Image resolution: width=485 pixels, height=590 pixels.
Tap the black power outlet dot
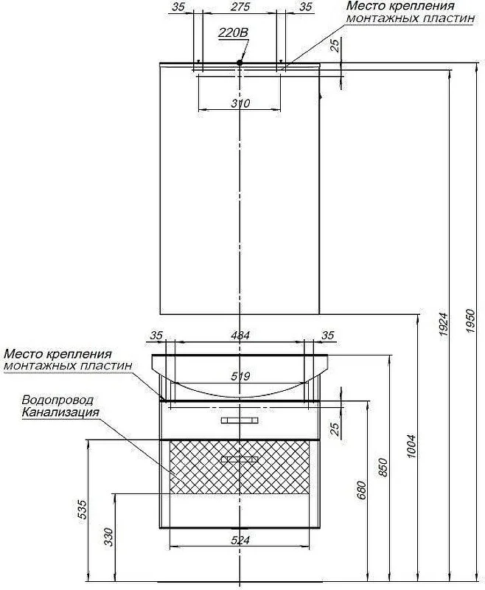[240, 63]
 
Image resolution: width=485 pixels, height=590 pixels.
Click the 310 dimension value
[241, 103]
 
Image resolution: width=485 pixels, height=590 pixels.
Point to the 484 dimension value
[241, 336]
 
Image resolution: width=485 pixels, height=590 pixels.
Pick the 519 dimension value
[241, 376]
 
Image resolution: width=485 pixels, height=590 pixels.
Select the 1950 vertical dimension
[472, 322]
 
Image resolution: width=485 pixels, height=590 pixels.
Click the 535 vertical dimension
[82, 509]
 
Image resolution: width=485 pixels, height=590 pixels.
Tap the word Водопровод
[57, 399]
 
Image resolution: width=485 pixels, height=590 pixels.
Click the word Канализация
[60, 412]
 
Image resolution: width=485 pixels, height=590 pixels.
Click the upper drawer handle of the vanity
[240, 420]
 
